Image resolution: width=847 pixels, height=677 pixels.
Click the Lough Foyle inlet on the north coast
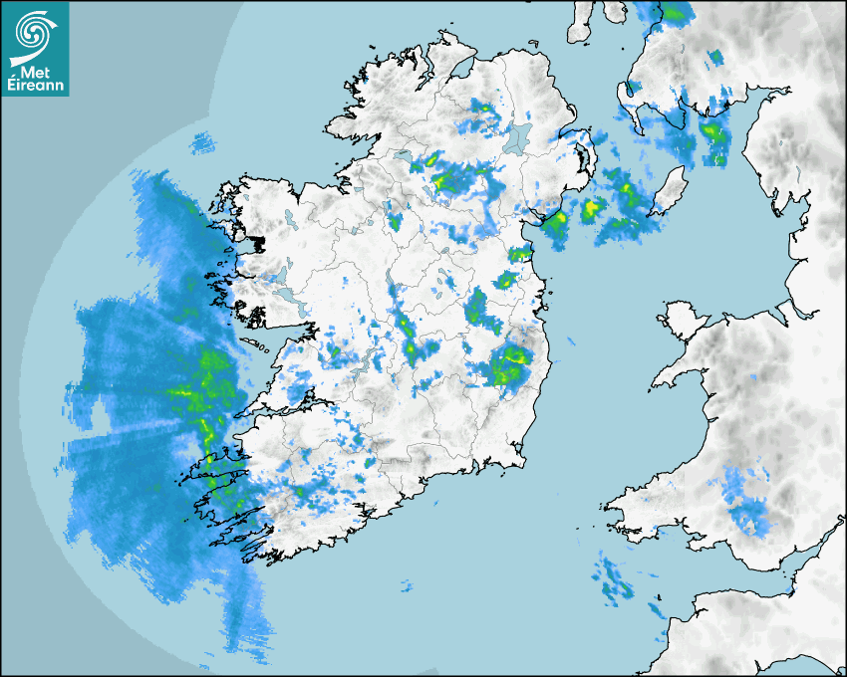(x=460, y=68)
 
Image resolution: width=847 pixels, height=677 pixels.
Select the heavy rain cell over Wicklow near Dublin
(x=509, y=365)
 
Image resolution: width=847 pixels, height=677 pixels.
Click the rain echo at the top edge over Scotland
(x=677, y=13)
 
